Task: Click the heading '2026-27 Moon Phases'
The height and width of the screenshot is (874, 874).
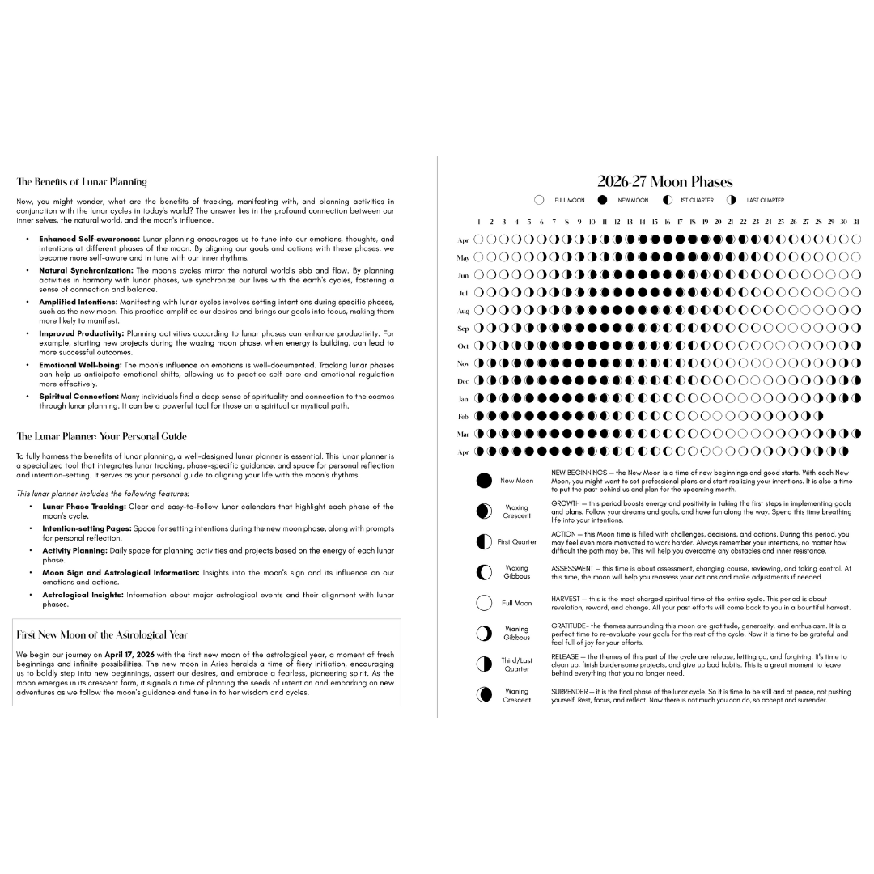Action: click(665, 182)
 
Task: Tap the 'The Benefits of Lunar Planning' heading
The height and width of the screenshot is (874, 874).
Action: click(82, 182)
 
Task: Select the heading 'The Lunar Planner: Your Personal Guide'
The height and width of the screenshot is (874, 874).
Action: click(101, 436)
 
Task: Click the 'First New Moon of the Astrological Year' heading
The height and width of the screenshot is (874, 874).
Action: click(102, 635)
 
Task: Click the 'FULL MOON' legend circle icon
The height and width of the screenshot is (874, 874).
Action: click(539, 200)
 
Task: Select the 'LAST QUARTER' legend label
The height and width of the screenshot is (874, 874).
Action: click(765, 200)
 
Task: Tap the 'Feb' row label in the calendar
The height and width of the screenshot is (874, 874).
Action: click(464, 417)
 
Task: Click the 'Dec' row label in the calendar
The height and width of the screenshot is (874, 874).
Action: click(464, 381)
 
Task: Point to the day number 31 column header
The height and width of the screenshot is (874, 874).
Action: click(856, 221)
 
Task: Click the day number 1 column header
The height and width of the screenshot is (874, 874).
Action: click(478, 221)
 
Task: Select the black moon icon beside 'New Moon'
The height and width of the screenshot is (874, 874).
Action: click(484, 481)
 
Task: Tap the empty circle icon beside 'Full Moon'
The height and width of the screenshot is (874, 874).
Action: click(484, 603)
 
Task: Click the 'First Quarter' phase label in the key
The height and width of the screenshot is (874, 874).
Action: click(516, 542)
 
